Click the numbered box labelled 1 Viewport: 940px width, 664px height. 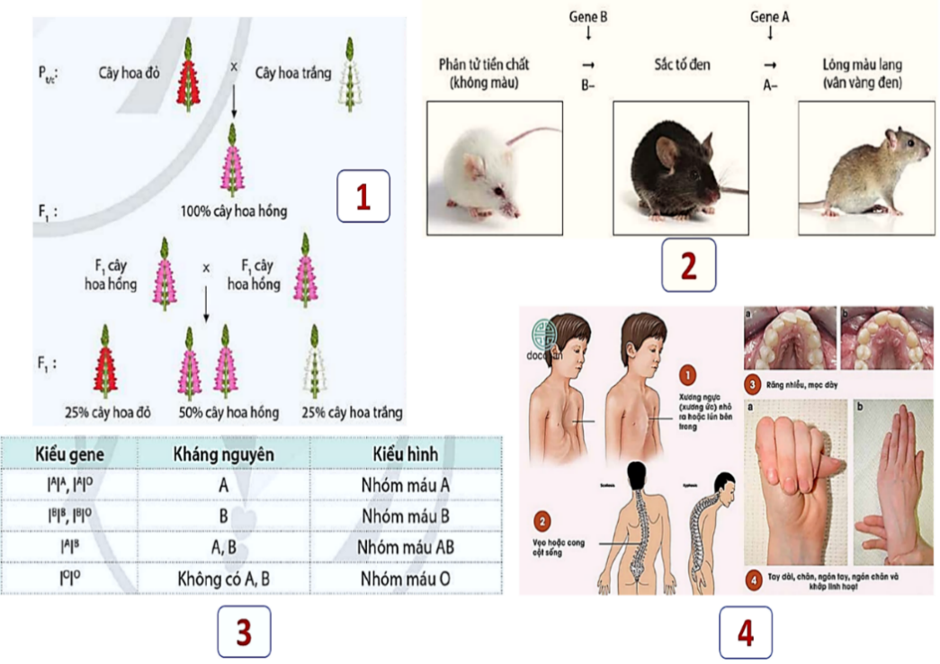[x=363, y=196]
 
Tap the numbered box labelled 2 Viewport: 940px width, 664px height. [x=688, y=265]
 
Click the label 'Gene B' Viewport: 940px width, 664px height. [x=588, y=16]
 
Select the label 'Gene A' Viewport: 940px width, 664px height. [x=769, y=16]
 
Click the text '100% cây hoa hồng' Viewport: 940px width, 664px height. [x=233, y=212]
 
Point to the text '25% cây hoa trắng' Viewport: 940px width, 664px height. [x=354, y=413]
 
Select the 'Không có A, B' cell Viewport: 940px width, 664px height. [x=223, y=579]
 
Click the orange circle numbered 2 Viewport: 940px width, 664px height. [x=543, y=522]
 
